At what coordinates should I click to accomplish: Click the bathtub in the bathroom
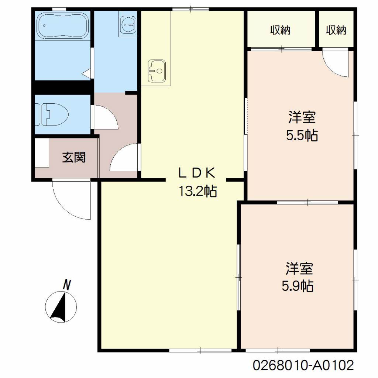62,26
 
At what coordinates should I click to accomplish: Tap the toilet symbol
52,114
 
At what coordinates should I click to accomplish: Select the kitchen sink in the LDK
157,71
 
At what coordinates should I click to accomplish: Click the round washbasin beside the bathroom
128,24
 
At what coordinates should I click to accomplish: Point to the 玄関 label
74,157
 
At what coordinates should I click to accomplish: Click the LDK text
196,173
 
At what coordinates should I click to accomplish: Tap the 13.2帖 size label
198,191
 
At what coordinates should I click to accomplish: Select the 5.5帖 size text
302,135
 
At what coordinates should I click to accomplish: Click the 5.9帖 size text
298,286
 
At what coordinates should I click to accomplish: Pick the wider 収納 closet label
280,30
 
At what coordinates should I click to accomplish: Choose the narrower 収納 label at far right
336,30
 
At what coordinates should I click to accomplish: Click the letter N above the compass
67,285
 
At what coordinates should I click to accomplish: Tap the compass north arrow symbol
61,307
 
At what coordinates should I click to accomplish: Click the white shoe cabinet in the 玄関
42,153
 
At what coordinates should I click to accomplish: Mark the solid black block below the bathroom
63,87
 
